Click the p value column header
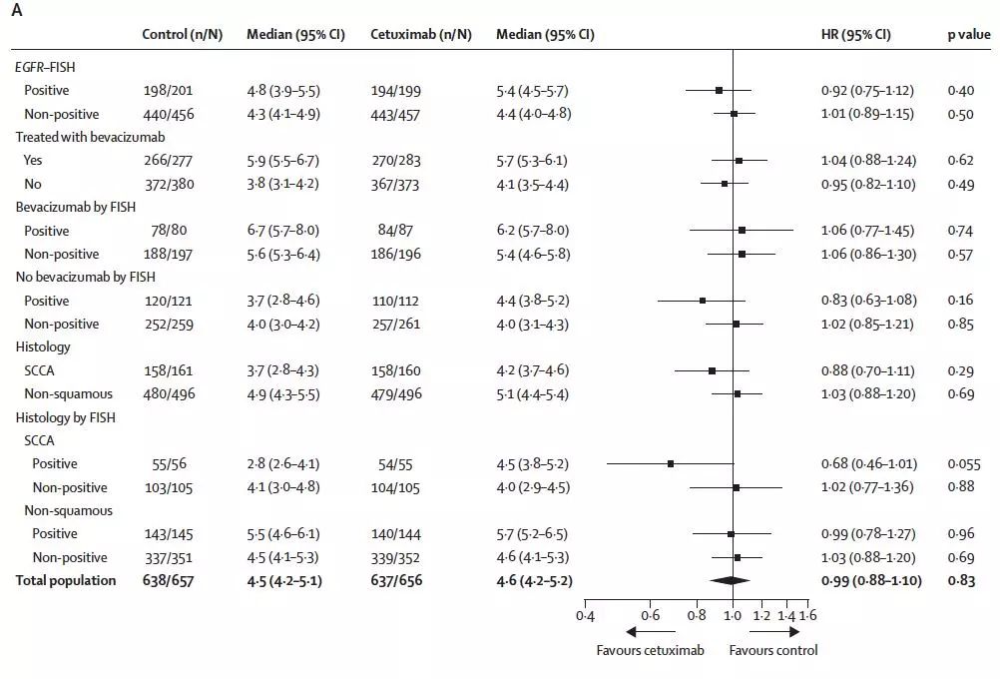(x=967, y=34)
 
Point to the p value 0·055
(x=964, y=464)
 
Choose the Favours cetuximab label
(x=651, y=651)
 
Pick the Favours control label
(x=773, y=651)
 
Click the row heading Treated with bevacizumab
(x=89, y=137)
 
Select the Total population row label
(x=65, y=580)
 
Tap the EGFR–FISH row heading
(x=46, y=67)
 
